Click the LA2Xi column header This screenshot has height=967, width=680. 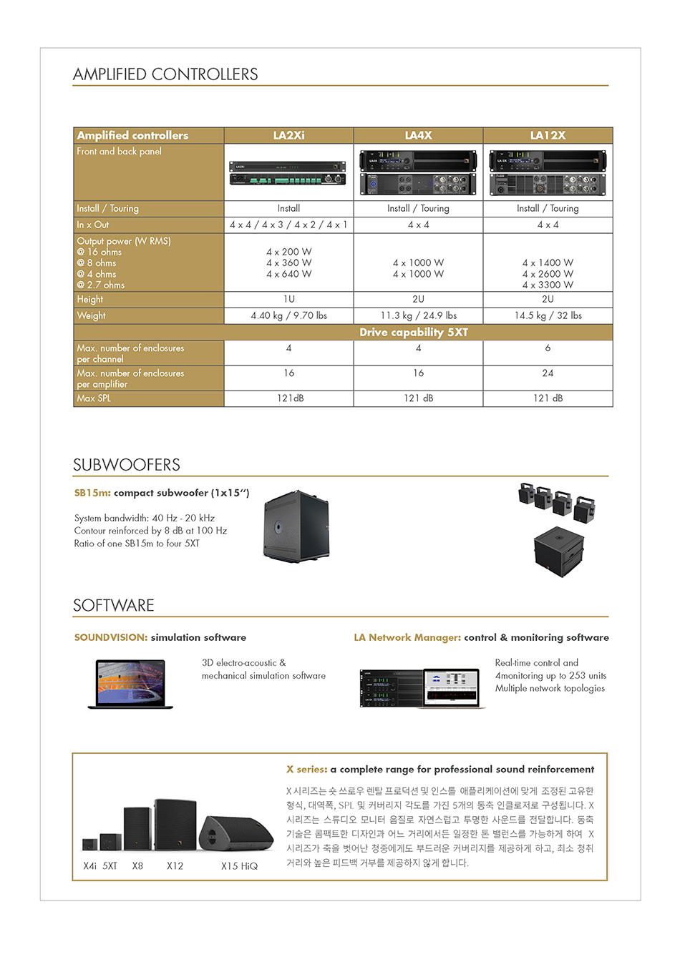pos(288,135)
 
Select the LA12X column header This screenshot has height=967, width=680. pos(548,135)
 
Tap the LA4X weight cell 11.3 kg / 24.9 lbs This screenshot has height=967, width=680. pos(418,315)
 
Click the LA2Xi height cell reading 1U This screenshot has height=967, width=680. pos(288,299)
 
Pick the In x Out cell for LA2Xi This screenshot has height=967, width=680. pos(288,225)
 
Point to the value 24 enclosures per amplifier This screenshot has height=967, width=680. pos(548,373)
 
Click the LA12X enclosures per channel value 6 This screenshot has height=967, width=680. pos(548,348)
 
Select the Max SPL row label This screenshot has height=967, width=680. pos(94,398)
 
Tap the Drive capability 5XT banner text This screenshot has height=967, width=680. pos(414,333)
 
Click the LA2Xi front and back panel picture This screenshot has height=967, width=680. pos(288,173)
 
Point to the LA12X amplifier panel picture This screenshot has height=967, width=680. pos(548,173)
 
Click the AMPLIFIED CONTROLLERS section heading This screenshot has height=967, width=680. pos(165,74)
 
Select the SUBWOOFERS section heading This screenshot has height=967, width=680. pos(127,465)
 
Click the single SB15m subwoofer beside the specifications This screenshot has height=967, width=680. pos(296,526)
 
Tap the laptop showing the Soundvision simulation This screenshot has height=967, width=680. pos(131,684)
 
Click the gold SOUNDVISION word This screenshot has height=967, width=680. pos(111,637)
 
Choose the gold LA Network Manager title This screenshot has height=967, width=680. pos(407,637)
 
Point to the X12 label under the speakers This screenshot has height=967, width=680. pos(175,866)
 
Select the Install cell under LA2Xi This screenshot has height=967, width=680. pos(288,208)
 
